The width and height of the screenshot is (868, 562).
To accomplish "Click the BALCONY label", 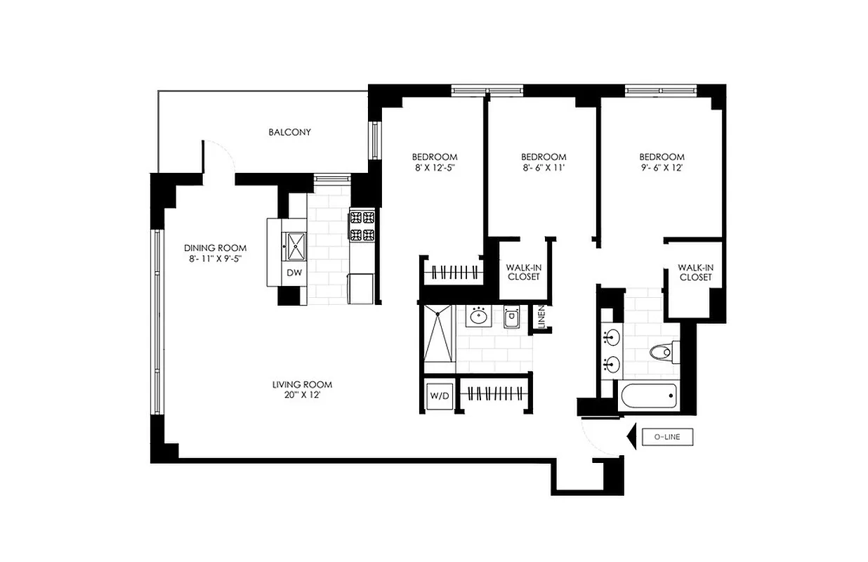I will click(289, 132).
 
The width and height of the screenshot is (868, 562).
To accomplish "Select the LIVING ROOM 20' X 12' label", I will click(302, 389).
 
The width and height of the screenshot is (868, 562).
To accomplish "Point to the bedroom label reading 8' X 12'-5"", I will click(435, 162).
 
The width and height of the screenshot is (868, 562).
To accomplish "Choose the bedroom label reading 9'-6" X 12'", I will click(661, 162).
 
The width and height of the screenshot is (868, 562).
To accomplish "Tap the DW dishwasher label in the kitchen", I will click(294, 273).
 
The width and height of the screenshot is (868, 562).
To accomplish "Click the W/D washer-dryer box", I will click(439, 396).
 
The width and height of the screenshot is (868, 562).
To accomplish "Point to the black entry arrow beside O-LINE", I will click(630, 437).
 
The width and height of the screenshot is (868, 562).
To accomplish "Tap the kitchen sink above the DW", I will click(294, 245).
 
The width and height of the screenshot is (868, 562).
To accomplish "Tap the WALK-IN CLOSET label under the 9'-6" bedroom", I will click(695, 272).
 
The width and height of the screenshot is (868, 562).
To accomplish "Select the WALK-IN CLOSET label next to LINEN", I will click(524, 272).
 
